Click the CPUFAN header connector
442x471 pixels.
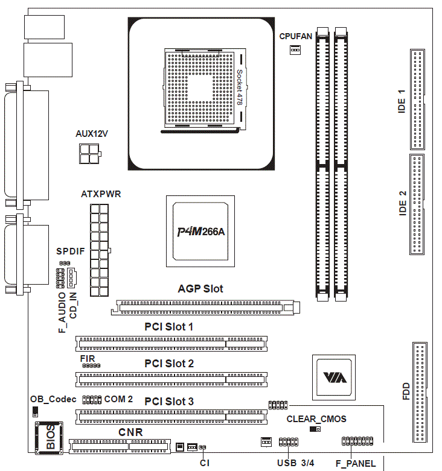pyautogui.click(x=295, y=49)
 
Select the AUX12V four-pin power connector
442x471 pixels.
pyautogui.click(x=89, y=154)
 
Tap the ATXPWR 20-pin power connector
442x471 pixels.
pyautogui.click(x=100, y=250)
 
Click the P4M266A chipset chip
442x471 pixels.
pyautogui.click(x=200, y=232)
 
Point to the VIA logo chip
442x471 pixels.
pyautogui.click(x=334, y=378)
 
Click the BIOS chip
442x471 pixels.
pyautogui.click(x=50, y=438)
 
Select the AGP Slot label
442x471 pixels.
pyautogui.click(x=200, y=289)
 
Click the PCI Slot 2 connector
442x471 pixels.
pyautogui.click(x=171, y=379)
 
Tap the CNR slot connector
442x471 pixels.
pyautogui.click(x=120, y=446)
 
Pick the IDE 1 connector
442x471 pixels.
pyautogui.click(x=417, y=100)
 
